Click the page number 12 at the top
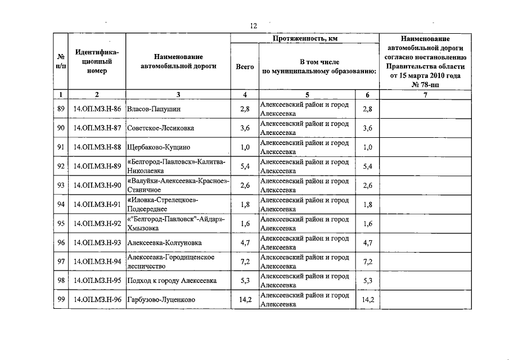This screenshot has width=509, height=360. click(254, 26)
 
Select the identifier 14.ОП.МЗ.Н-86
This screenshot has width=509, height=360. click(97, 109)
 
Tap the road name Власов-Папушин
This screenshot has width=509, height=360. click(150, 109)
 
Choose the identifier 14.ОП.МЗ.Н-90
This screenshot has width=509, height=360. click(97, 186)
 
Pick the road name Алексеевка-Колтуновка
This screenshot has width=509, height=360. click(164, 243)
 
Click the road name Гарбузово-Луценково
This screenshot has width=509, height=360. click(161, 300)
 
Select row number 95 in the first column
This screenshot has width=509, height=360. click(61, 224)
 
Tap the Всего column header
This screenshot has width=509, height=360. click(245, 66)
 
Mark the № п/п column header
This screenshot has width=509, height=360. click(61, 61)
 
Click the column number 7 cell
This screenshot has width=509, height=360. click(425, 95)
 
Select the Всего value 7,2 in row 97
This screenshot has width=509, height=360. click(245, 262)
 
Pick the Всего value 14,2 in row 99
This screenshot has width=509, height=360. click(245, 300)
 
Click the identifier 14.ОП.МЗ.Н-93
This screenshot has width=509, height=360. click(97, 243)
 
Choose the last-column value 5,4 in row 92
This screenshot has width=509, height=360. click(368, 166)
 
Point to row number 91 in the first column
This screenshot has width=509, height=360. click(61, 147)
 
